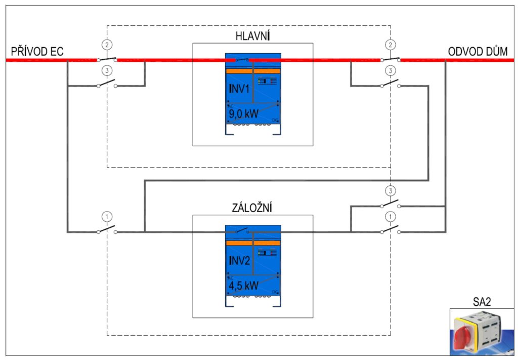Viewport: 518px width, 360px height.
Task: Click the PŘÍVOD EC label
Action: [x=38, y=51]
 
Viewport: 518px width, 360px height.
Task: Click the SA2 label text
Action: [x=482, y=302]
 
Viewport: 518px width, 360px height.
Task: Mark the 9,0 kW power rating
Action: [x=244, y=113]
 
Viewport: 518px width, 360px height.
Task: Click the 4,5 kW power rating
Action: [x=244, y=285]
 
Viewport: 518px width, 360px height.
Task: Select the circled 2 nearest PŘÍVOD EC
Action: [x=106, y=45]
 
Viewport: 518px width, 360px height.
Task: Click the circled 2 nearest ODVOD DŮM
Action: [x=390, y=45]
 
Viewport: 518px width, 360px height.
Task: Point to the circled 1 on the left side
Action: [x=106, y=216]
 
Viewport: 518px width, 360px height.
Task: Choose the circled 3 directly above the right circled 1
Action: [x=390, y=191]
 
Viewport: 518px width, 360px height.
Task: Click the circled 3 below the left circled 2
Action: [x=106, y=70]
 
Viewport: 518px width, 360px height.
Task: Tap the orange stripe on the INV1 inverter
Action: [x=253, y=71]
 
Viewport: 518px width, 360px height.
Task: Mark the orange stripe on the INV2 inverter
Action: [x=253, y=243]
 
